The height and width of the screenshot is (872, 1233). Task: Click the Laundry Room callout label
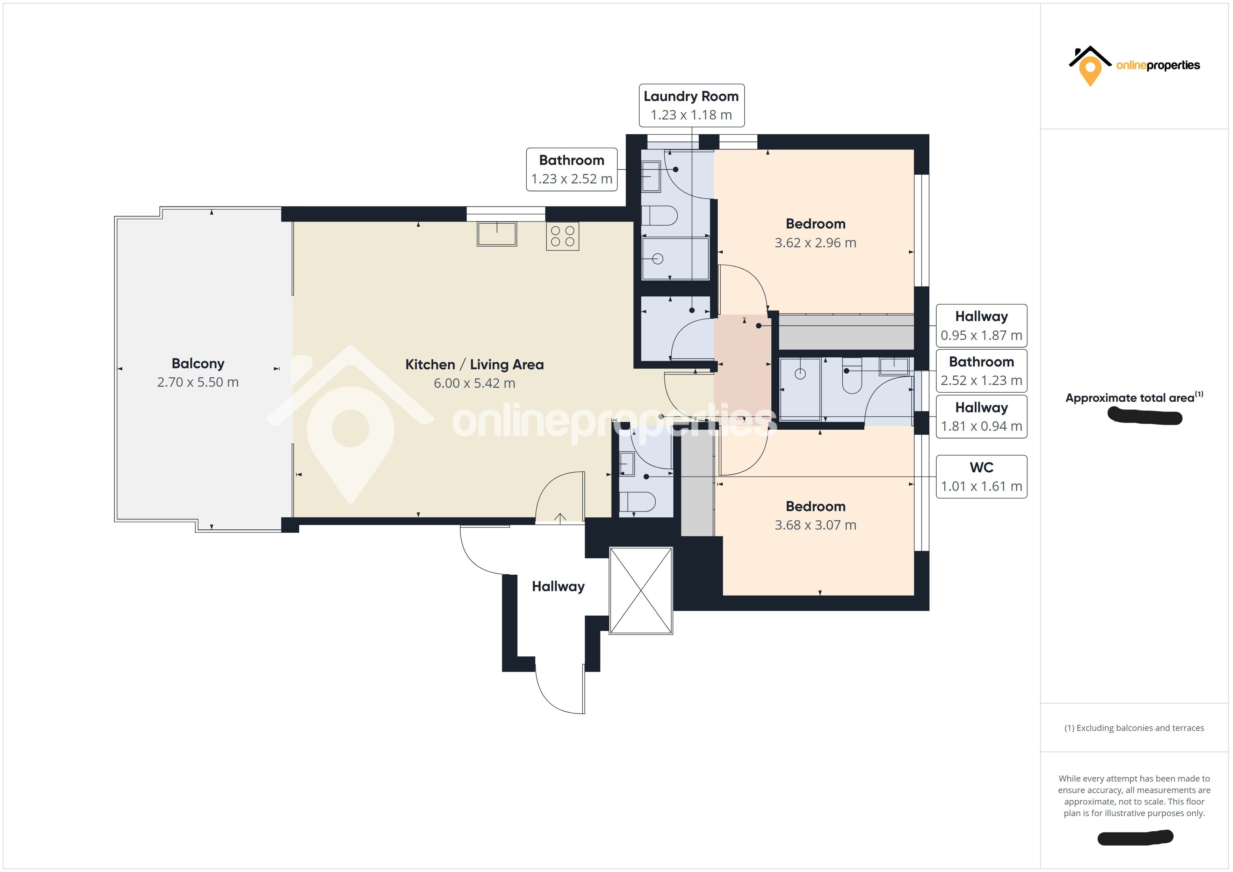[x=691, y=105]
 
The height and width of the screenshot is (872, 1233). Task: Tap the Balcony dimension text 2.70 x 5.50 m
[x=197, y=382]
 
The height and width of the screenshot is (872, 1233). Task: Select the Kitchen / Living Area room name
[x=474, y=365]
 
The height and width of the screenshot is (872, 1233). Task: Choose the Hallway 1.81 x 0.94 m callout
[x=981, y=417]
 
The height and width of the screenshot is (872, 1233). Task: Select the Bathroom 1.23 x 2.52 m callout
[x=571, y=169]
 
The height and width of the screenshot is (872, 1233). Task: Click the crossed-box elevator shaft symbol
[x=641, y=591]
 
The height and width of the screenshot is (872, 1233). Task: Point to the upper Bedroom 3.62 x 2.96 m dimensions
[x=815, y=243]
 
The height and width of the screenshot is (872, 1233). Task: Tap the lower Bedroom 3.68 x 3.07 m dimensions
[x=815, y=525]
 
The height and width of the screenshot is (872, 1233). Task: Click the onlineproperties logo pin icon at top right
[x=1090, y=70]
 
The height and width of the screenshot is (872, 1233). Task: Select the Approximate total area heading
[x=1130, y=398]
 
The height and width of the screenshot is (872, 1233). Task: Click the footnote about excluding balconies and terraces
[x=1134, y=728]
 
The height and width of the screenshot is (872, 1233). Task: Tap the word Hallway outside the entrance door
[x=558, y=586]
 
